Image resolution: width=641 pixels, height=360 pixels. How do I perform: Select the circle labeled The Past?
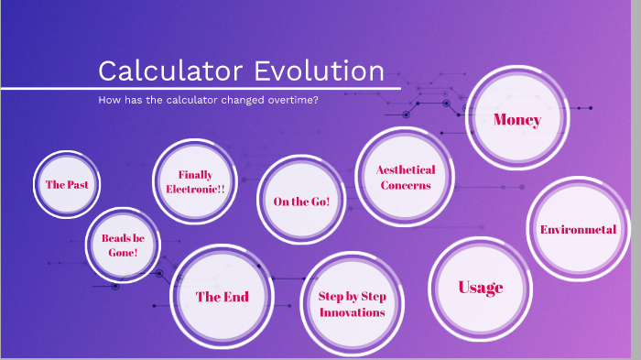pyautogui.click(x=67, y=184)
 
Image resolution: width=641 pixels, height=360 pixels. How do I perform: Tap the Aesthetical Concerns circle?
pyautogui.click(x=405, y=177)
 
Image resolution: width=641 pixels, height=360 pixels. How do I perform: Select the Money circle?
pyautogui.click(x=516, y=119)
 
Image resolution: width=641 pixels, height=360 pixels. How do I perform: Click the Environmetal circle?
pyautogui.click(x=578, y=229)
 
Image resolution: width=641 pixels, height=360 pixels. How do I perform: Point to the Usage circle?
pyautogui.click(x=481, y=287)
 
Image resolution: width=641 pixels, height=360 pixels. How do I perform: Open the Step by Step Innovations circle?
pyautogui.click(x=352, y=304)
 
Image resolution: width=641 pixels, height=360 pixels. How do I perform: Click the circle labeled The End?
pyautogui.click(x=222, y=296)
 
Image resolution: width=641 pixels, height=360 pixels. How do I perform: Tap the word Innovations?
pyautogui.click(x=352, y=312)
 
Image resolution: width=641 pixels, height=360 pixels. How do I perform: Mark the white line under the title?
pyautogui.click(x=201, y=89)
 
